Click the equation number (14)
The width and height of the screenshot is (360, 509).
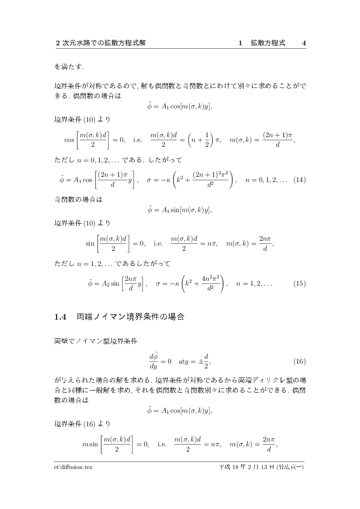click(x=300, y=179)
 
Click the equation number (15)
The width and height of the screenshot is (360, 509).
click(x=300, y=283)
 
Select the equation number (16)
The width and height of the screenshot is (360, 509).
click(x=300, y=361)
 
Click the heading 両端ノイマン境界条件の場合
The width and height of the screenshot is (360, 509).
click(x=131, y=317)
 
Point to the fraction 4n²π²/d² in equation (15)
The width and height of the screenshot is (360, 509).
click(x=213, y=283)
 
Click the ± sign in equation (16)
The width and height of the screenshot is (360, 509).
click(x=201, y=361)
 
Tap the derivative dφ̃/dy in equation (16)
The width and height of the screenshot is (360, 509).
click(x=153, y=361)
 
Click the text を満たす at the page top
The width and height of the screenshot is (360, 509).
click(x=69, y=67)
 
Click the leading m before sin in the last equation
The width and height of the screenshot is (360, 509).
click(x=85, y=445)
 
